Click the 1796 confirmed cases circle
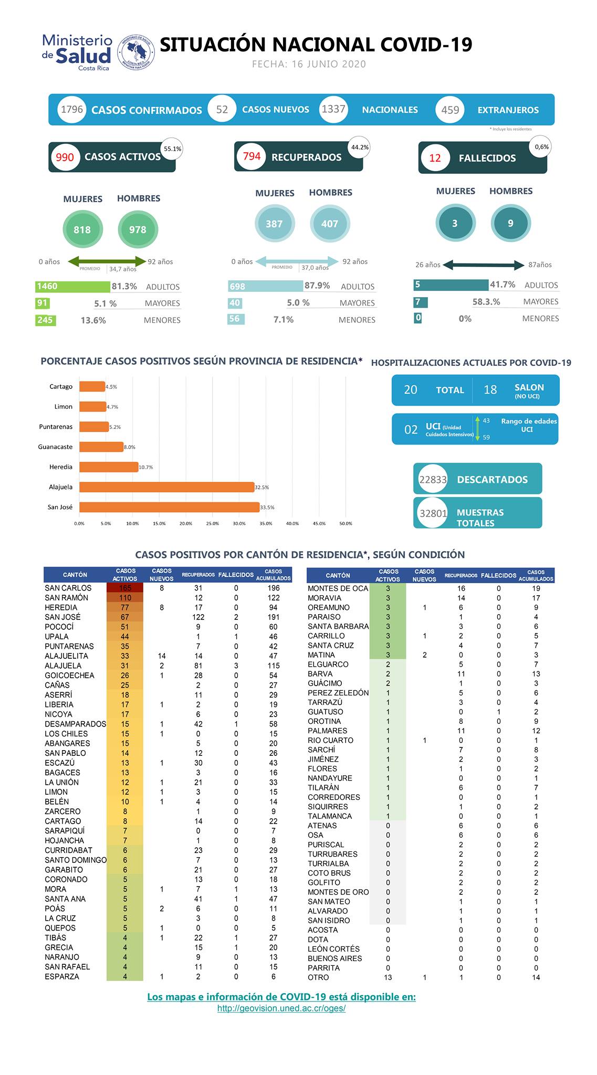point(72,109)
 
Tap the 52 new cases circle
point(222,109)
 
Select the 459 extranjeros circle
point(450,110)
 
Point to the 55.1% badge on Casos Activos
point(172,149)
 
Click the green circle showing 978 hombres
point(138,229)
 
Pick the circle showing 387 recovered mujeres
point(274,224)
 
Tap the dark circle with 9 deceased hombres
point(510,223)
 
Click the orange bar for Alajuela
point(167,487)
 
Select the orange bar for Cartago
point(92,386)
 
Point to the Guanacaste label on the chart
point(55,447)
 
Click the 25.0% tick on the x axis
point(213,523)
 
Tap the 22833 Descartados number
point(433,479)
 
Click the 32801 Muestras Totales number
point(433,513)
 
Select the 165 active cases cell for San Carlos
point(125,588)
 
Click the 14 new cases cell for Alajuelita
point(162,656)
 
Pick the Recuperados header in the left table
point(198,575)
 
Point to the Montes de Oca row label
point(338,588)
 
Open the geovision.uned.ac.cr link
point(281,1008)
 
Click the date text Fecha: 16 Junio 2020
point(309,64)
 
